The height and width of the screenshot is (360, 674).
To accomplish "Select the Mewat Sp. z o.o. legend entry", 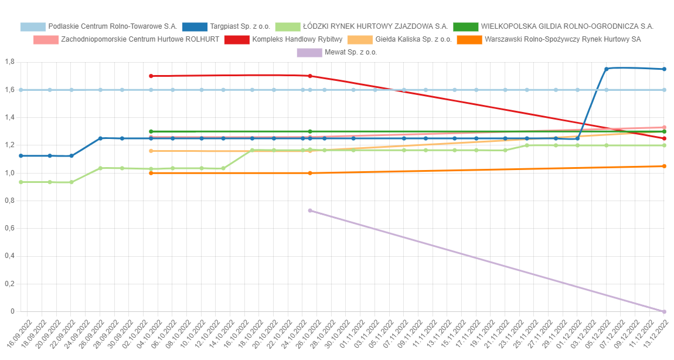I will pos(337,52).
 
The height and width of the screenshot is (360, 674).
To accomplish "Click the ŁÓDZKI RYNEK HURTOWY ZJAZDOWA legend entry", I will pos(364,26).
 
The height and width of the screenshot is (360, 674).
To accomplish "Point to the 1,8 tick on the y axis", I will pos(9,62).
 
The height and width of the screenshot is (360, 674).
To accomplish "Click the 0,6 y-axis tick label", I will pos(9,229).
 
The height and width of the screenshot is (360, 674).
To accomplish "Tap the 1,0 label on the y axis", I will pos(9,173).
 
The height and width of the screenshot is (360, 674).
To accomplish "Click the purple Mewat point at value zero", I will pos(664,312).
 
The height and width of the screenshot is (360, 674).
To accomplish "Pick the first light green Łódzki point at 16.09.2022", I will pos(21,182).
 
